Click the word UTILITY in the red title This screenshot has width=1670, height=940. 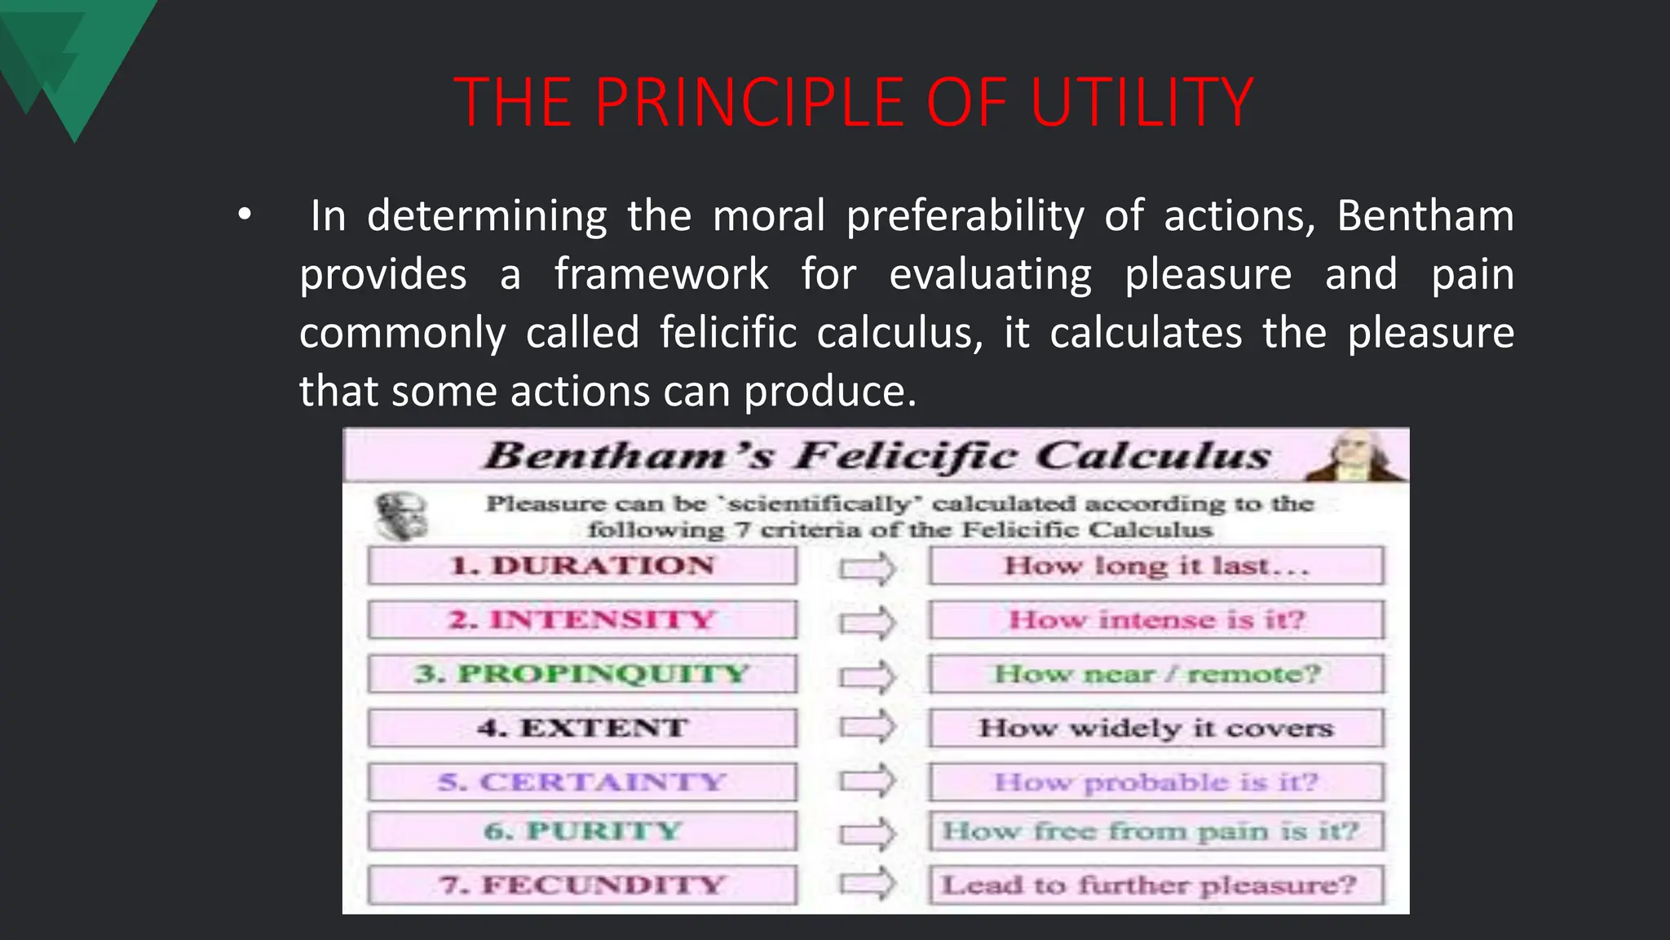1142,103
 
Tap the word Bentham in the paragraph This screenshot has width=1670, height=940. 1425,216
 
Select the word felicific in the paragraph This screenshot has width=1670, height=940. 727,333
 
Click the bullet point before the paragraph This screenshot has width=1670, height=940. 245,216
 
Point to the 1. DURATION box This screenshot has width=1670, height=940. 582,565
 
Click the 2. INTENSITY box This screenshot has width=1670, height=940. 582,620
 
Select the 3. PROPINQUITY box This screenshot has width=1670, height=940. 582,674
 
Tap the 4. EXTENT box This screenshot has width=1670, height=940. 582,728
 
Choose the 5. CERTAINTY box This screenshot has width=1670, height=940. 582,782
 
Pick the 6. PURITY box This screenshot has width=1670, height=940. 582,831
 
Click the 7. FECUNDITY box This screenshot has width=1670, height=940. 582,885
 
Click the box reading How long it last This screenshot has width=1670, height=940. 1156,565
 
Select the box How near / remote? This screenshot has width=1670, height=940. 1156,674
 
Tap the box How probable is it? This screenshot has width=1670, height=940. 1156,782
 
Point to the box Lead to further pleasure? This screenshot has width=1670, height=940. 1156,885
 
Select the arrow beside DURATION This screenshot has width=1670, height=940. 868,568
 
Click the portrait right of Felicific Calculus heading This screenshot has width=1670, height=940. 1354,456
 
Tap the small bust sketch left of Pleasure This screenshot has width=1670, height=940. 400,517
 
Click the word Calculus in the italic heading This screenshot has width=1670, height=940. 1154,455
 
